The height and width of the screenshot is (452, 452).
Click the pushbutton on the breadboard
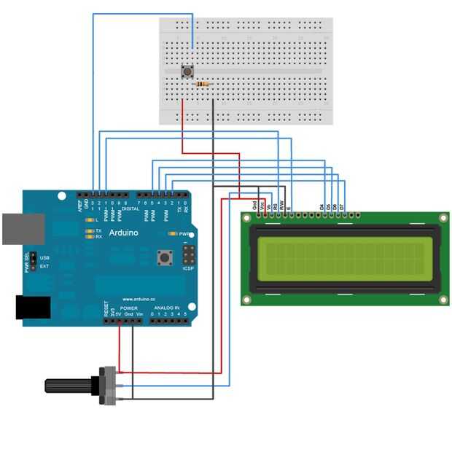pos(189,71)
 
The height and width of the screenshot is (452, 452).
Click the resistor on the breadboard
pos(203,85)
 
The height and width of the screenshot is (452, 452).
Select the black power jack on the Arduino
pos(32,308)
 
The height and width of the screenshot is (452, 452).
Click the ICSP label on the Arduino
pos(188,269)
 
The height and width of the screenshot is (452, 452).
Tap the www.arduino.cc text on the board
pos(137,299)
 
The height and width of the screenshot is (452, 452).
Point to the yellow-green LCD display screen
pos(344,259)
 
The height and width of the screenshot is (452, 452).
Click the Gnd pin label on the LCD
pos(254,206)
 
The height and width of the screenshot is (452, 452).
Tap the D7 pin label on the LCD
pos(343,207)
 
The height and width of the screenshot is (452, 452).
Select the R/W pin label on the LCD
pos(281,206)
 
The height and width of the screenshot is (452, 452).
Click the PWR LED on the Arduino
pos(174,234)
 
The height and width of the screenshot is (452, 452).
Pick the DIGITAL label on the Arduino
pos(130,209)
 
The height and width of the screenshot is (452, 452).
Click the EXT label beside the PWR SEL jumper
pos(44,266)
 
